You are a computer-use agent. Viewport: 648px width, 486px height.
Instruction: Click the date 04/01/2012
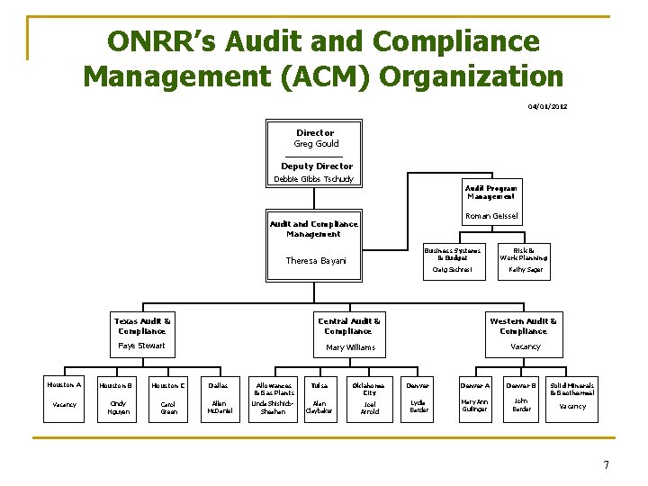(547, 107)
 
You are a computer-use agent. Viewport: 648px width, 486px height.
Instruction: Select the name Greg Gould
(315, 144)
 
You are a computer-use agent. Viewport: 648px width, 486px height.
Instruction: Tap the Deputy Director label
(317, 166)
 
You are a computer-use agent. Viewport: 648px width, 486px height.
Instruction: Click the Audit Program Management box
(490, 192)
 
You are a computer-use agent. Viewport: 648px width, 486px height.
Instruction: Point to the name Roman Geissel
(490, 216)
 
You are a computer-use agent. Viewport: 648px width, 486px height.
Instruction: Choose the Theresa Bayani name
(316, 261)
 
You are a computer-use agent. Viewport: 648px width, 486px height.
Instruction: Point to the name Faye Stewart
(142, 346)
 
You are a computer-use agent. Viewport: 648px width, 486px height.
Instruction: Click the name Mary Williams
(349, 346)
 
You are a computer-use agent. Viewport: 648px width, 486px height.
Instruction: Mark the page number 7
(607, 465)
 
